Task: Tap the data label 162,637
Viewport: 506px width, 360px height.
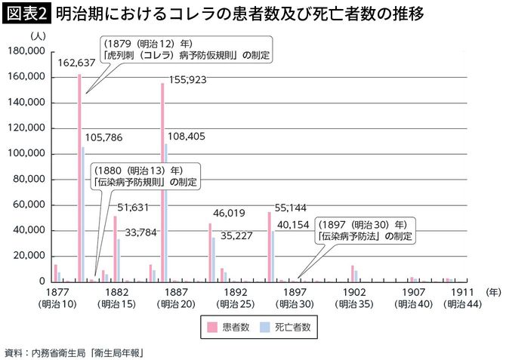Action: [x=76, y=63]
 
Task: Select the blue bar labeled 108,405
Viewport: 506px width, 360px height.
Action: [x=166, y=212]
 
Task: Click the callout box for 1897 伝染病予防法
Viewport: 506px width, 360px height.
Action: [x=366, y=229]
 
